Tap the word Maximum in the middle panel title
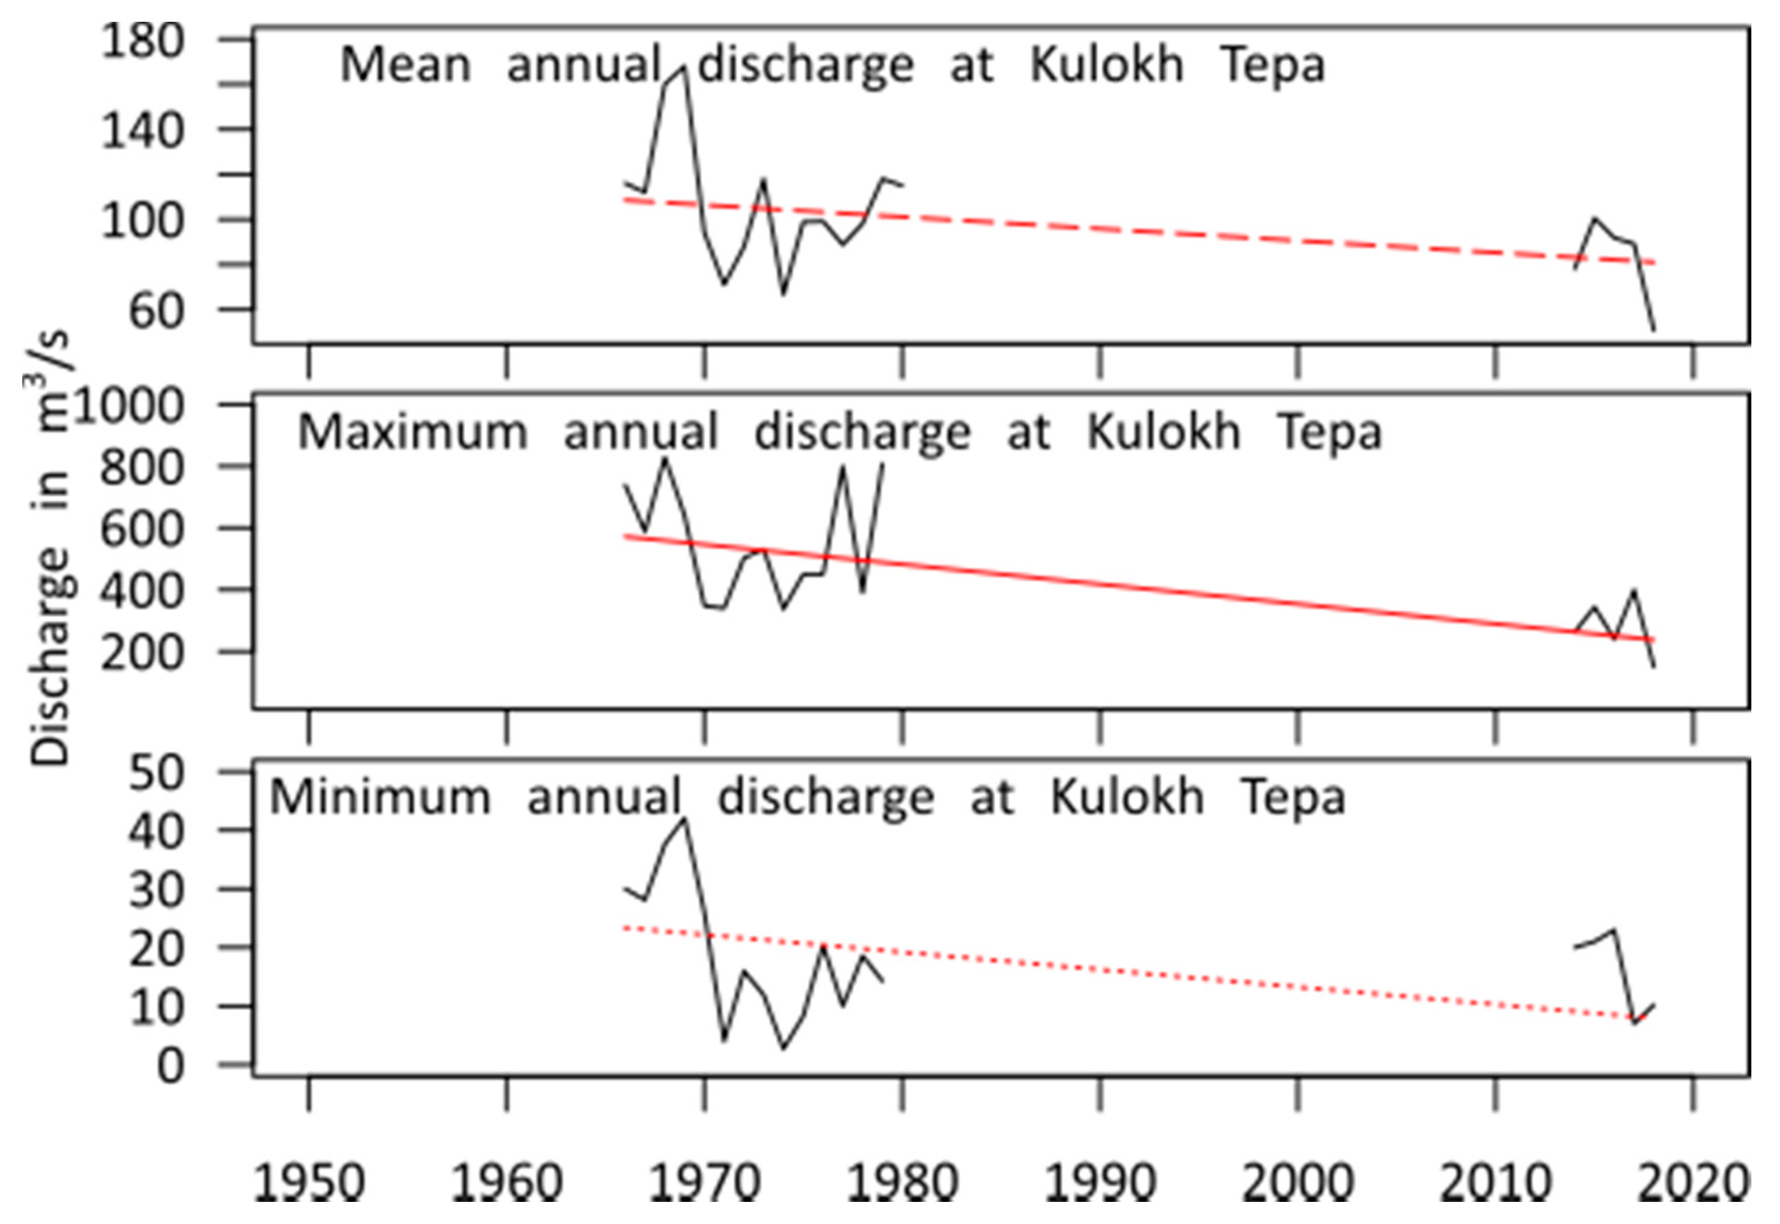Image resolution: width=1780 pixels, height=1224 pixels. click(412, 432)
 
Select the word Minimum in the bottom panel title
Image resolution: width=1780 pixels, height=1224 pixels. click(379, 797)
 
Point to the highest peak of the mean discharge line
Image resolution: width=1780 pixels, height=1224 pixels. click(683, 69)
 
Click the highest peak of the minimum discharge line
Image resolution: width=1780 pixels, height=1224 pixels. click(684, 819)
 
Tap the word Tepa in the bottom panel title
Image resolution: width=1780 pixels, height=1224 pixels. click(1293, 797)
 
